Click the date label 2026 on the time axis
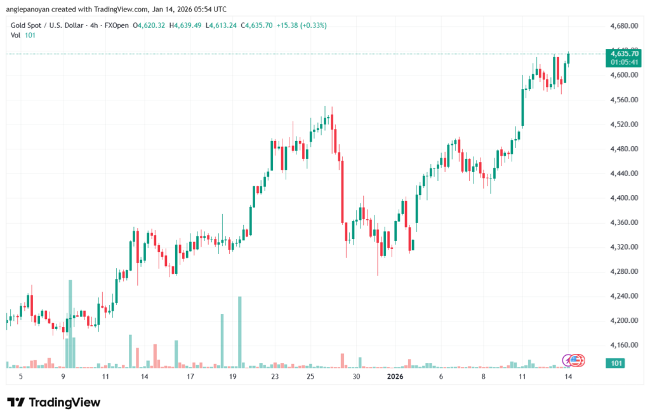(395, 376)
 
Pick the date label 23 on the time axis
(274, 376)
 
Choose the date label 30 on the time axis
(357, 376)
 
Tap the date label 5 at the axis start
(21, 376)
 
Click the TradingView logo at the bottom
(54, 402)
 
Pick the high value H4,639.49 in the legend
(185, 25)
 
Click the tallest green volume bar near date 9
(70, 324)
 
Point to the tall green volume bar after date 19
(240, 332)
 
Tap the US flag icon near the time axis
(576, 360)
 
